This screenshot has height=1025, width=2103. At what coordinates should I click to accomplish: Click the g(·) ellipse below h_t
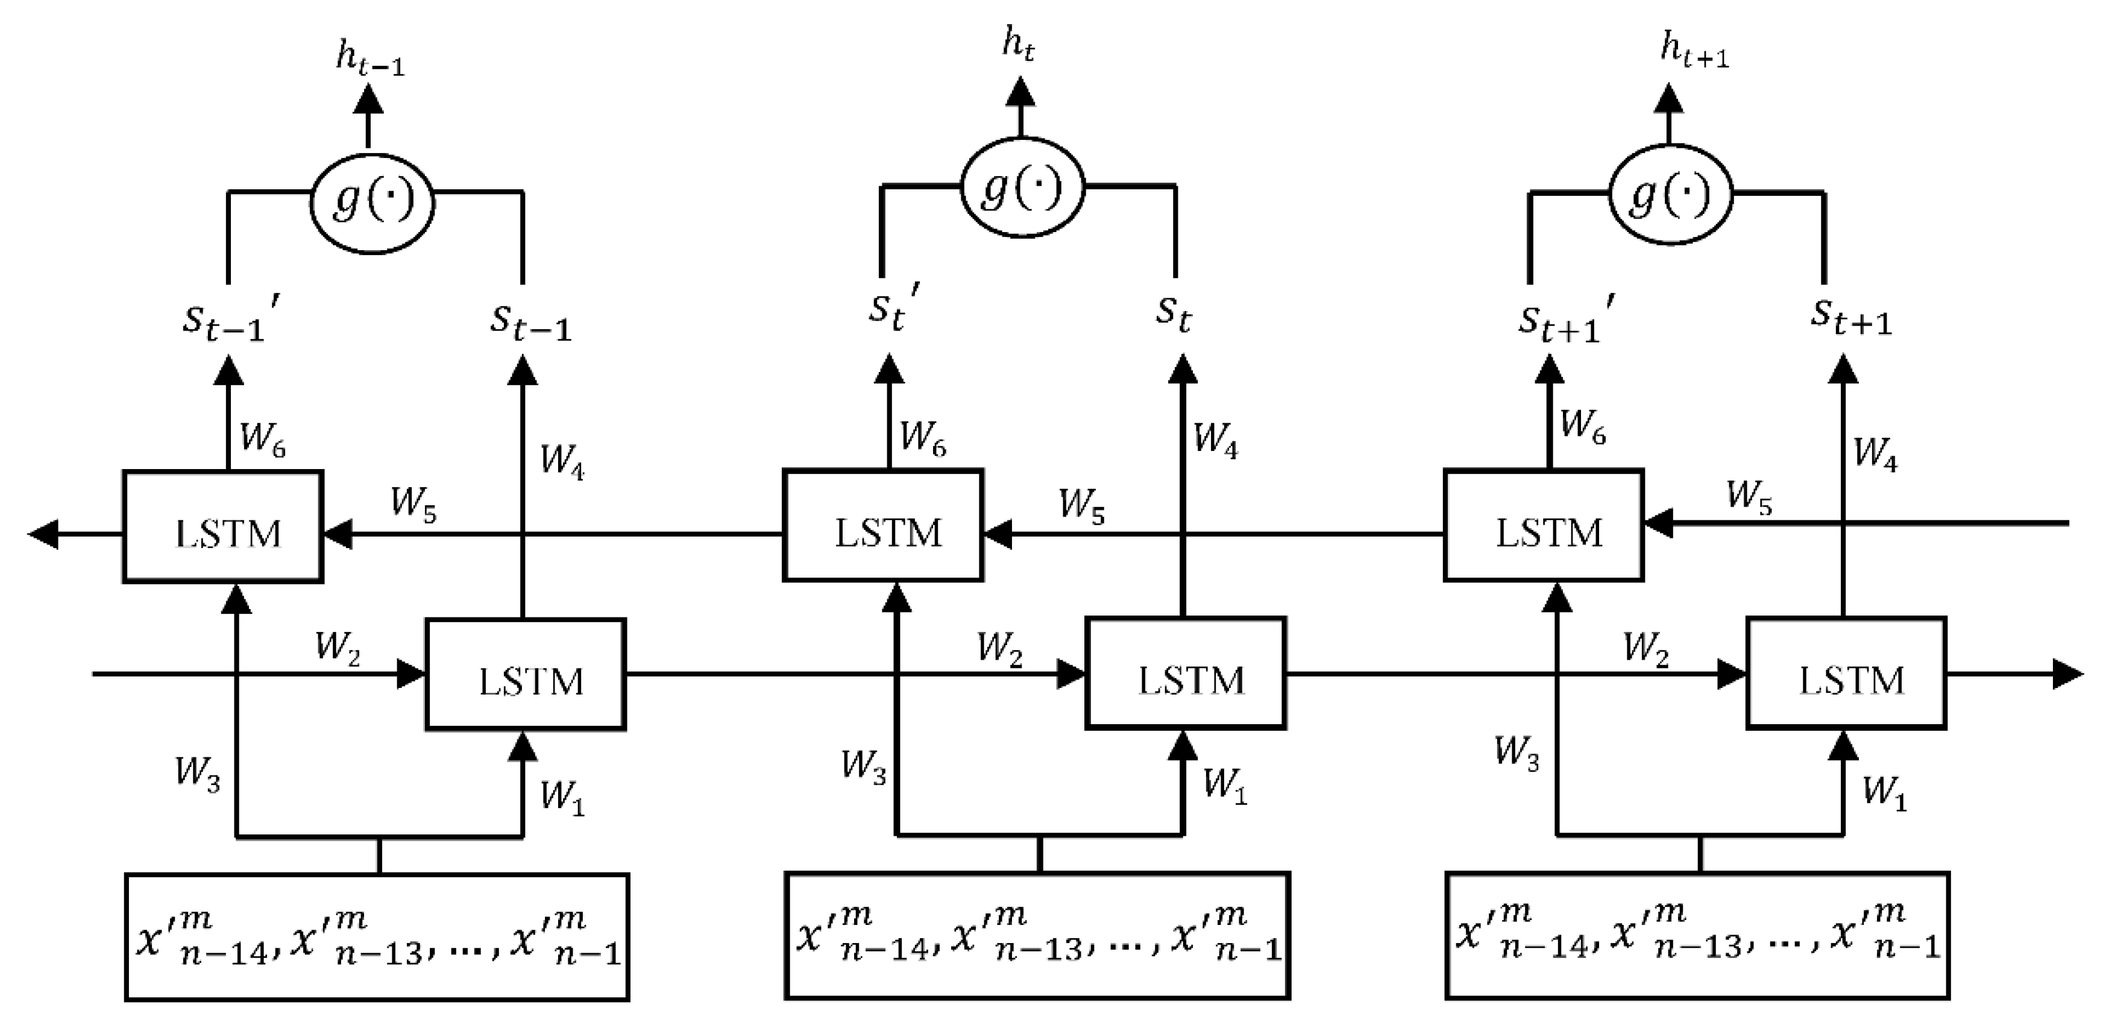click(1021, 188)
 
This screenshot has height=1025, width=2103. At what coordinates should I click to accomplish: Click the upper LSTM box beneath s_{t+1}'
click(1544, 526)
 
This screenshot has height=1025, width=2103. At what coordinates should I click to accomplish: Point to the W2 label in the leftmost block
click(338, 648)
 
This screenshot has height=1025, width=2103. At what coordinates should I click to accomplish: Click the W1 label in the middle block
click(1225, 786)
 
